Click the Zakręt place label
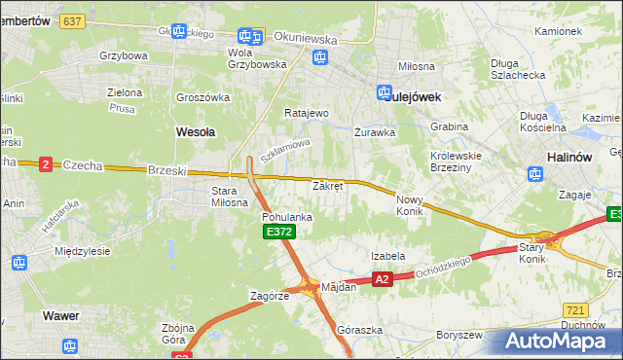click(327, 185)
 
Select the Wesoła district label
click(195, 130)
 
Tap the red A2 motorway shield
click(382, 279)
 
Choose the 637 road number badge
click(71, 19)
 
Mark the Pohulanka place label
click(286, 217)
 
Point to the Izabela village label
click(387, 256)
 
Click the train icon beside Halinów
click(534, 175)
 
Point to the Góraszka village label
click(354, 330)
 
